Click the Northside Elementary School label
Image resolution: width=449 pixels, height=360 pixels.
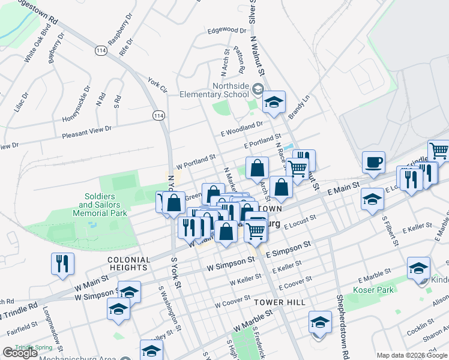[x=230, y=90]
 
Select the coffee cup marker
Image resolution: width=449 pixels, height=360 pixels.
[x=373, y=162]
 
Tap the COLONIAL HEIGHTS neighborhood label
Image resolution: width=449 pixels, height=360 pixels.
[x=128, y=263]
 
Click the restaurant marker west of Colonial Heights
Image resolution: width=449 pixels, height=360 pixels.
[x=62, y=264]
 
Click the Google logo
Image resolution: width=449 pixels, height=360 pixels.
[x=20, y=353]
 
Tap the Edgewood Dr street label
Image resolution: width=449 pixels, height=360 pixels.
[x=226, y=29]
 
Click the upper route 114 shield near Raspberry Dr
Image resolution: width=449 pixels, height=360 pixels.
[x=100, y=52]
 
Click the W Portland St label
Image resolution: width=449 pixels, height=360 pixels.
[x=196, y=161]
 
